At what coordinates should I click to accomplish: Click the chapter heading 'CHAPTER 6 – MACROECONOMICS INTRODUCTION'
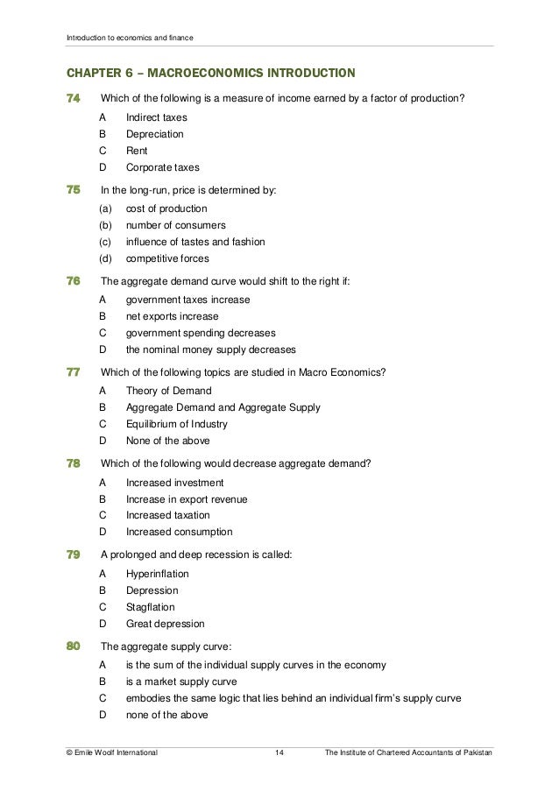coord(206,71)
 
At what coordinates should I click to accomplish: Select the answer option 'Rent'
coord(137,151)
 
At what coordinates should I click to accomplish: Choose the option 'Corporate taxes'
coord(163,167)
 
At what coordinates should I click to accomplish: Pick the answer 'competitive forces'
coord(169,258)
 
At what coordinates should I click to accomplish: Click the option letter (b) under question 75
coord(106,225)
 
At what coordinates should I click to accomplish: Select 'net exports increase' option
coord(173,316)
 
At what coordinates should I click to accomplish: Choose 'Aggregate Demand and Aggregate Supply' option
coord(223,407)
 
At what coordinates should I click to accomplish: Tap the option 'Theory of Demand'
coord(169,391)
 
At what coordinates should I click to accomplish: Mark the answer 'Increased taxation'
coord(168,515)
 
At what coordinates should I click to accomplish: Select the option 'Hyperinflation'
coord(158,574)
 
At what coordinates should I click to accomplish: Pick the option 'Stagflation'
coord(151,607)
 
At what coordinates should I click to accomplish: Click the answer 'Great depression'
coord(166,624)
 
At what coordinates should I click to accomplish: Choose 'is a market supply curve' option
coord(181,682)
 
